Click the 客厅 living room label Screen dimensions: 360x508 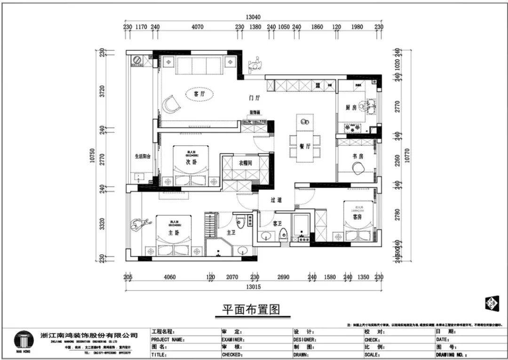(x=199, y=94)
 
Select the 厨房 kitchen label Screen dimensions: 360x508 (x=351, y=108)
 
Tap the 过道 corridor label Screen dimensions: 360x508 (x=276, y=200)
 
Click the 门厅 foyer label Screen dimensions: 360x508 (x=254, y=98)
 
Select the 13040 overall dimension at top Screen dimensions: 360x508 (x=253, y=17)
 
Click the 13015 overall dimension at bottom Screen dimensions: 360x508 (x=253, y=287)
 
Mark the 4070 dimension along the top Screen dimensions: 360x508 (x=198, y=27)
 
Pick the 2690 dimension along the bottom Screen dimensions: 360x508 (x=283, y=277)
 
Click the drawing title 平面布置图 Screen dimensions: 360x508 (x=251, y=310)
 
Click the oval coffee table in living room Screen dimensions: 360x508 (x=199, y=94)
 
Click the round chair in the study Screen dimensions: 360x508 (x=358, y=167)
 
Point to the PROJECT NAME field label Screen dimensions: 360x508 (x=167, y=339)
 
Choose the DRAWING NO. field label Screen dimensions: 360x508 (x=451, y=355)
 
